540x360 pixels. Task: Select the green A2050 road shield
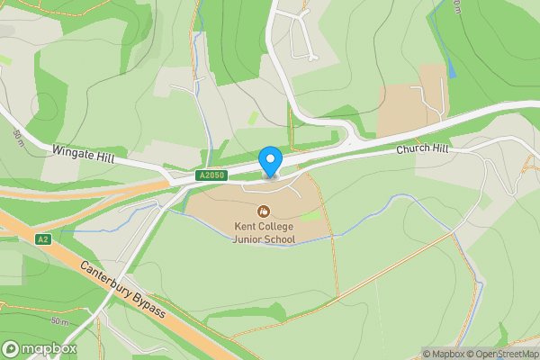210,176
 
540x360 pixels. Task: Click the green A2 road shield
42,239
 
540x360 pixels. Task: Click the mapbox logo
40,348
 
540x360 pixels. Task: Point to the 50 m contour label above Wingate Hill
17,138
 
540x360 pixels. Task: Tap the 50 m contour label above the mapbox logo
59,321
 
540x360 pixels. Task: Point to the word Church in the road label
409,149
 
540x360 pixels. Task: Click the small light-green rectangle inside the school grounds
310,216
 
